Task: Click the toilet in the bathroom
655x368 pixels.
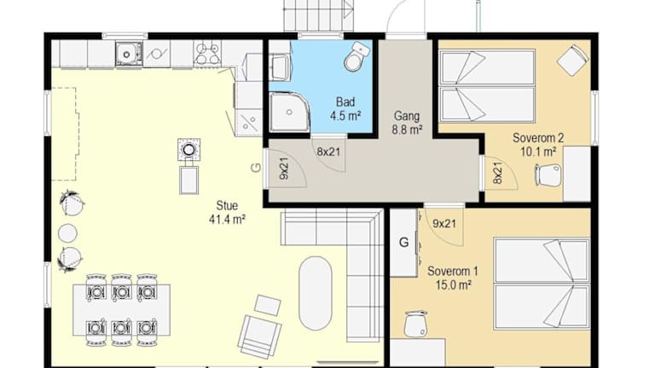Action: click(356, 57)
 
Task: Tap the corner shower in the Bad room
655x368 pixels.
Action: click(289, 112)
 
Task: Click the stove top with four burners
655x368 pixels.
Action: click(207, 53)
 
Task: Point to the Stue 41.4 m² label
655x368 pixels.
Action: click(227, 212)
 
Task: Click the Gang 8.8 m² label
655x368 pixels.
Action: click(407, 123)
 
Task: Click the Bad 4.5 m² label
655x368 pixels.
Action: click(345, 108)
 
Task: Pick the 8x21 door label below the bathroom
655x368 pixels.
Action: click(328, 152)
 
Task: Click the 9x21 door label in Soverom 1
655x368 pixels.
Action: click(444, 224)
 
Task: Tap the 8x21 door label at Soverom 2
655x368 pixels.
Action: click(497, 173)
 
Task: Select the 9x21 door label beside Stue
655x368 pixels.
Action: click(284, 169)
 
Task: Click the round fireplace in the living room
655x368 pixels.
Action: click(188, 149)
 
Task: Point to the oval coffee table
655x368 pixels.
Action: click(316, 293)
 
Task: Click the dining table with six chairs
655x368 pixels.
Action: click(122, 310)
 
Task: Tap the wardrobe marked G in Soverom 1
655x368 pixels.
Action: click(404, 243)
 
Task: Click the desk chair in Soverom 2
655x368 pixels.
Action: click(548, 175)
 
